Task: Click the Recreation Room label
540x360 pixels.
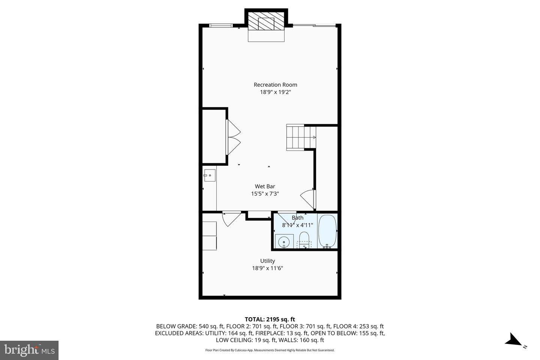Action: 275,85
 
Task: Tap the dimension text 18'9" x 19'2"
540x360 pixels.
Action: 275,92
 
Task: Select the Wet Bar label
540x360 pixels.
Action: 265,186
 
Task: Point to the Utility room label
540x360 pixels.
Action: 267,261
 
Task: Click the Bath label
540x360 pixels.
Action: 297,218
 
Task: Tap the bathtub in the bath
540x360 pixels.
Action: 327,231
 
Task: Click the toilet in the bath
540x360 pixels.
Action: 304,239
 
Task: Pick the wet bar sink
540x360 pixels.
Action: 210,175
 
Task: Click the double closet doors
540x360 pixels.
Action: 232,137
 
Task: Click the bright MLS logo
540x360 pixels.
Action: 29,350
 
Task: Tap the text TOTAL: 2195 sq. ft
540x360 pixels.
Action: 270,319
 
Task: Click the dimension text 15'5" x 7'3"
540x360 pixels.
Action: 265,194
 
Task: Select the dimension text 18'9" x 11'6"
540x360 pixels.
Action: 267,268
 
